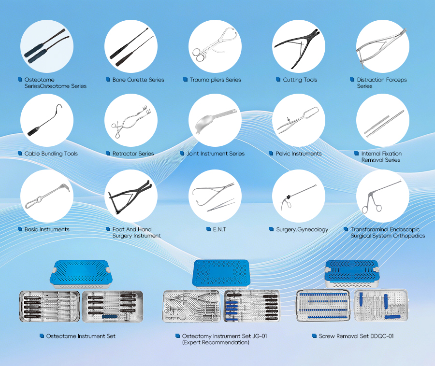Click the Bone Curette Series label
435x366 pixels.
[138, 80]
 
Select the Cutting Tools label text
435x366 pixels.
[300, 80]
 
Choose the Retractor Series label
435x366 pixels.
[133, 154]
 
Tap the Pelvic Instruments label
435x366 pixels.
[298, 154]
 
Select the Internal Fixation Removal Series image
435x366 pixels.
[382, 120]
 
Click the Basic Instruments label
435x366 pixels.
[47, 229]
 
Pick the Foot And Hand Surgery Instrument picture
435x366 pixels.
[131, 196]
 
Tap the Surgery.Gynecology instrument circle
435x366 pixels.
[298, 196]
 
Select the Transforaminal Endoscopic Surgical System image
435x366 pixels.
[382, 196]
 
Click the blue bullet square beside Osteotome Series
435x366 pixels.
[20, 79]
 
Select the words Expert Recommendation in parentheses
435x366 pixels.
[216, 342]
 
